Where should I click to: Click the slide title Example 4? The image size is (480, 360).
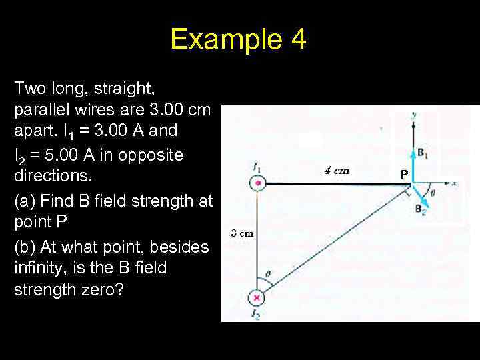238,39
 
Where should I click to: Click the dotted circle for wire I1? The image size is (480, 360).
257,183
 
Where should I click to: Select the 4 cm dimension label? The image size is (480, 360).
337,171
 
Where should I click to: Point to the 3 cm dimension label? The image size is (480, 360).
241,233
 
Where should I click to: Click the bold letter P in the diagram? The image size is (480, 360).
403,174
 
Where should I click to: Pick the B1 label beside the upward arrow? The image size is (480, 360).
423,153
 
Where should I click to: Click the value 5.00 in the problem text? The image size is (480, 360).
56,155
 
